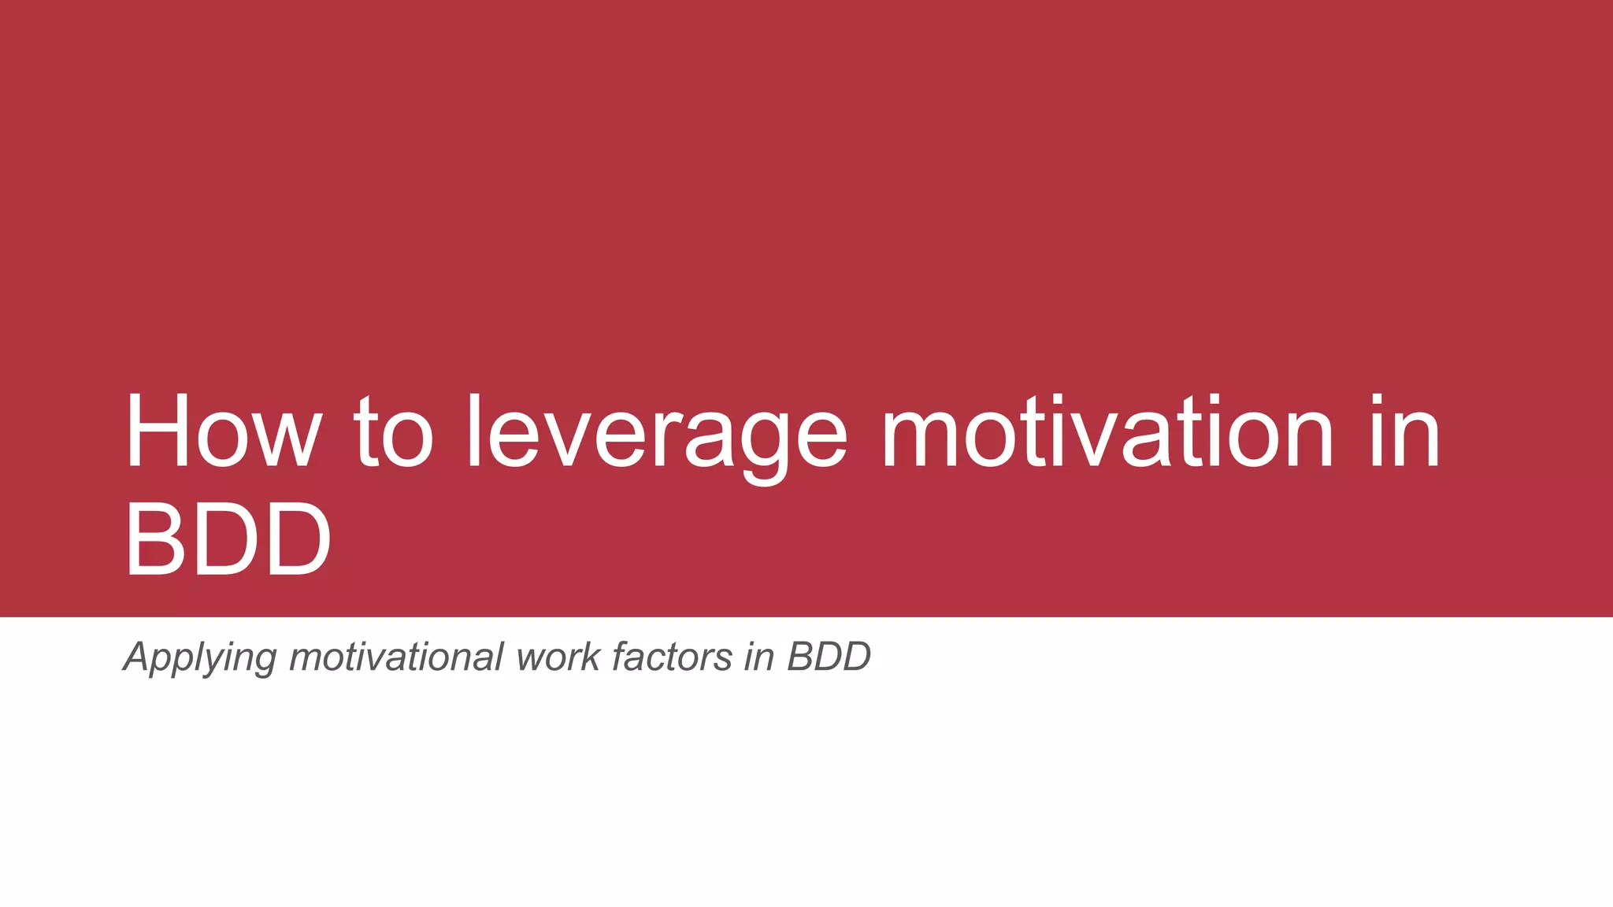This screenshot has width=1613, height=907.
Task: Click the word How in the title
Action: click(x=224, y=433)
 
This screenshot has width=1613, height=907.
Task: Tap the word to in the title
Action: click(x=394, y=433)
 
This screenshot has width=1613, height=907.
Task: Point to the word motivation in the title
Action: click(x=1106, y=433)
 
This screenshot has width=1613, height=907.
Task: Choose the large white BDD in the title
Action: click(x=228, y=540)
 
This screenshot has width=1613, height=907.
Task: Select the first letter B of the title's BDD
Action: click(x=154, y=540)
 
